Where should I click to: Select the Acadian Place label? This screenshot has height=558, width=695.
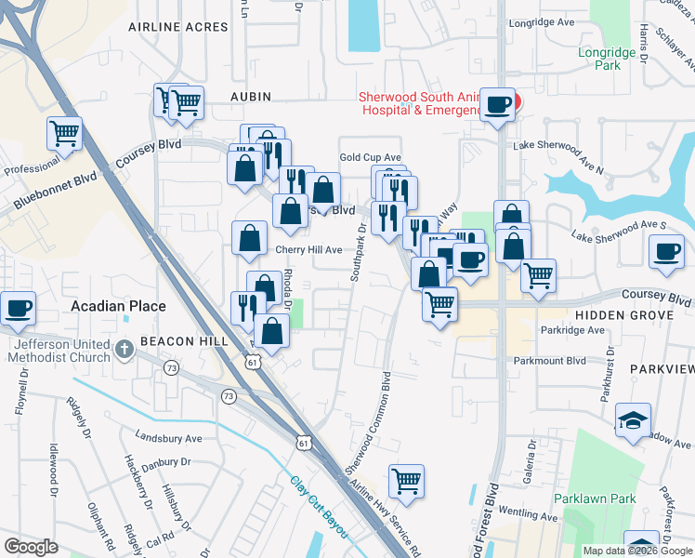coord(119,306)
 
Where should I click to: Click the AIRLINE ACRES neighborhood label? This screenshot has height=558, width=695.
coord(180,27)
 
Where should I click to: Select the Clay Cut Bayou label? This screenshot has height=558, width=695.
coord(319,508)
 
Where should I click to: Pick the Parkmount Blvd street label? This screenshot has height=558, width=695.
coord(548,360)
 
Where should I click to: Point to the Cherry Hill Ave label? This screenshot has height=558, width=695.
coord(308,250)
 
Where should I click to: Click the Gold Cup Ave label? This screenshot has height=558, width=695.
coord(370,158)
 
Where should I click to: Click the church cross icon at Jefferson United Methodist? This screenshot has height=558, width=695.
coord(125,350)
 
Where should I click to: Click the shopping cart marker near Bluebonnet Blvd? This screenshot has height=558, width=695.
coord(64,134)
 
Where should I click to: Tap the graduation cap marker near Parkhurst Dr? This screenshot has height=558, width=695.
coord(633,419)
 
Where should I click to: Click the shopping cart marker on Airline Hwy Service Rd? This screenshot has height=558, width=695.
coord(406,480)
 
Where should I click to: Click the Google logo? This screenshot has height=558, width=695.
coord(32,547)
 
